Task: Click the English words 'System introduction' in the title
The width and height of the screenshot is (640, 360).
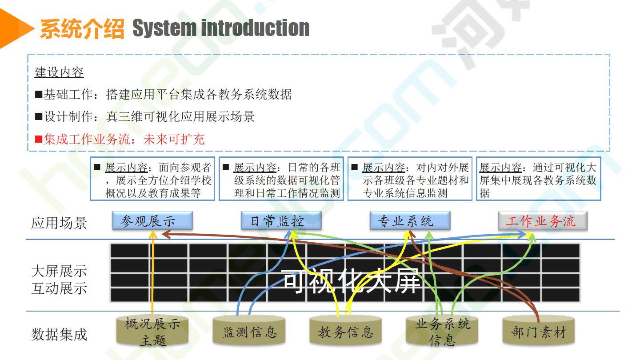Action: (221, 28)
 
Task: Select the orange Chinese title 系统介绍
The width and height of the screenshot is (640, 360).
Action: (82, 28)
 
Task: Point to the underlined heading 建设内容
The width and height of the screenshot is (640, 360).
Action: (59, 72)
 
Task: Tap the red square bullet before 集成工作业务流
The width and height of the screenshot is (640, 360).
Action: (39, 140)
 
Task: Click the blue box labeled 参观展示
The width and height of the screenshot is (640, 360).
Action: (152, 220)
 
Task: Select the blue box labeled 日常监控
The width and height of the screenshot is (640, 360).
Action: (281, 220)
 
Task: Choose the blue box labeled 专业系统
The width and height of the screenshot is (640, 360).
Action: (410, 220)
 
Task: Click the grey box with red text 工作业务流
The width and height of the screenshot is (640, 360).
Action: (543, 220)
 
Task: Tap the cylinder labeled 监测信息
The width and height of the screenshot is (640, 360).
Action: (249, 331)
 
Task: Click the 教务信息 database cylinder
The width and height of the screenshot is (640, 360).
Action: (345, 331)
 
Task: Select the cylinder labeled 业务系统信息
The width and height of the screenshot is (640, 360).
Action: (442, 331)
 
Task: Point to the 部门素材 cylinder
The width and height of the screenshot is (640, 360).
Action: (539, 331)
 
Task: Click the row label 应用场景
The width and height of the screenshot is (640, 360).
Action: (59, 223)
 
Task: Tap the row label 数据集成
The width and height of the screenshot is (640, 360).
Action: (59, 334)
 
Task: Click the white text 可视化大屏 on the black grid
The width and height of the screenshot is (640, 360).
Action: (352, 281)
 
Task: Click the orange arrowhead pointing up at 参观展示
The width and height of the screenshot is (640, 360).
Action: (153, 234)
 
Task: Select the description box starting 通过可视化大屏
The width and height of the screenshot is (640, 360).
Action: (539, 179)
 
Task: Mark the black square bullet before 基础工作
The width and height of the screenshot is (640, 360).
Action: (39, 94)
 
